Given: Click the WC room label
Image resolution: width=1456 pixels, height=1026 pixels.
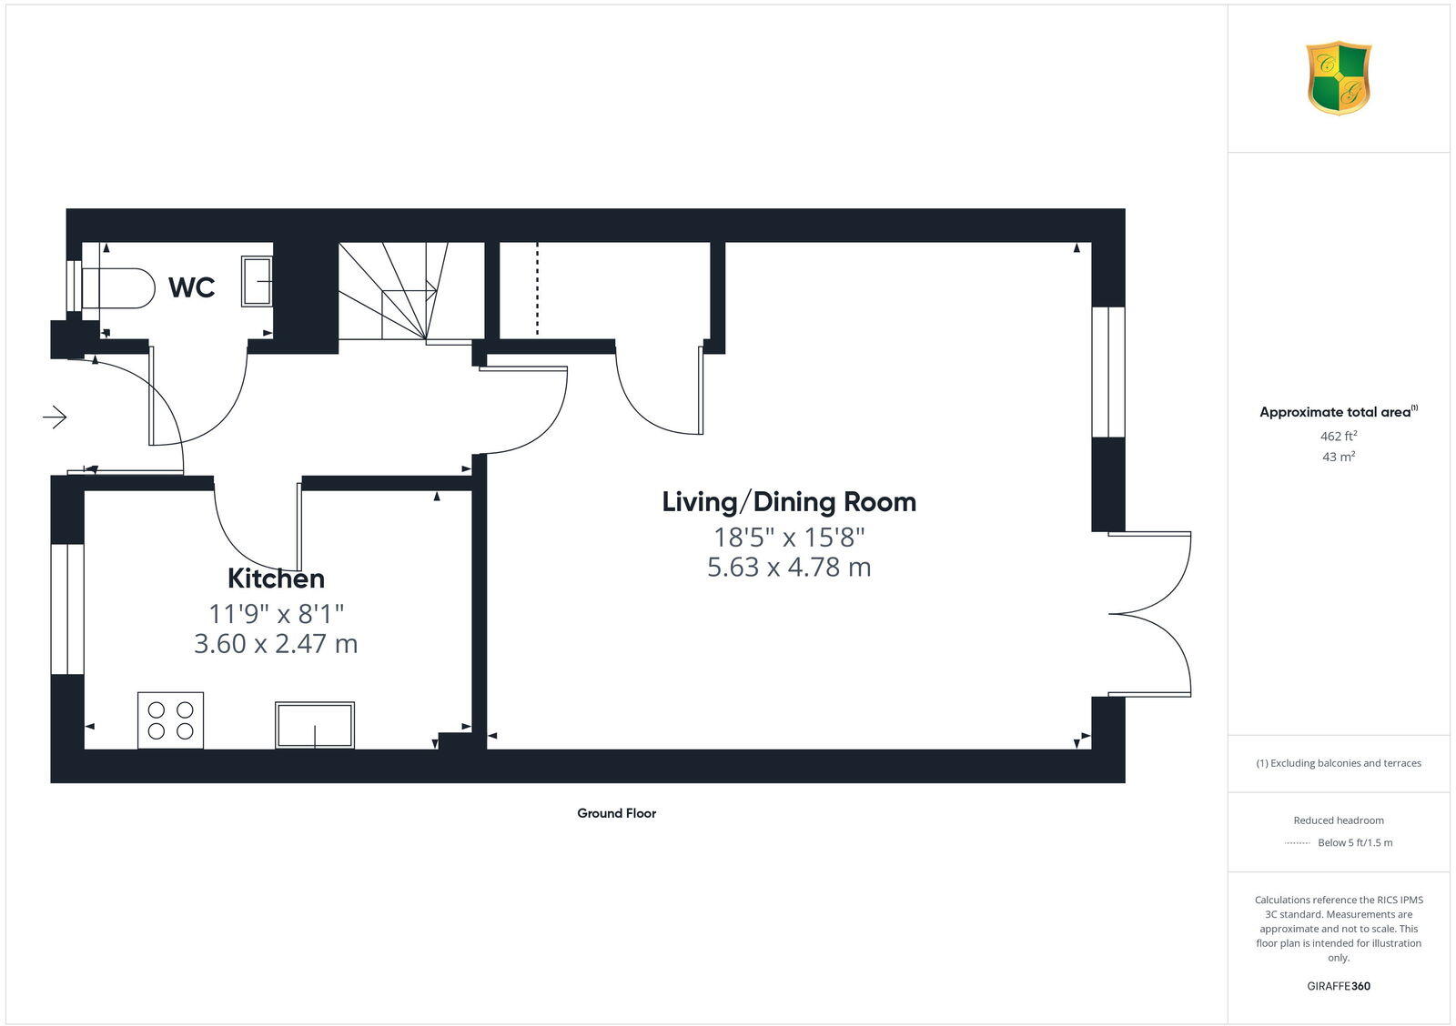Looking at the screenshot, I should tap(192, 287).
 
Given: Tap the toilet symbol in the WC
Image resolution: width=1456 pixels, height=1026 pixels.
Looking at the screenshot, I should tap(117, 287).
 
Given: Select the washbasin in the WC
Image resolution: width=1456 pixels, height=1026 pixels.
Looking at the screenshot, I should tap(257, 280).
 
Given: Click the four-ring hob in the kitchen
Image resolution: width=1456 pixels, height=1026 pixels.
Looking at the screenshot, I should tap(171, 720).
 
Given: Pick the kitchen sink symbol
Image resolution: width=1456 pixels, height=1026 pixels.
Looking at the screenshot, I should tap(315, 725).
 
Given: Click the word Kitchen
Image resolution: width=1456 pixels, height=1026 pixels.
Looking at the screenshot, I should tap(276, 578).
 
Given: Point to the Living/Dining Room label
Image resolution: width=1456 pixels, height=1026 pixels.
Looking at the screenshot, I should tap(789, 502).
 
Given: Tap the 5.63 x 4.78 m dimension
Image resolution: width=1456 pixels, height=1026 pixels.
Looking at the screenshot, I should tap(789, 568).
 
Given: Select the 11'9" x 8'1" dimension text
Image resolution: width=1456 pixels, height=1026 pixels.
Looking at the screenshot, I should tap(276, 613).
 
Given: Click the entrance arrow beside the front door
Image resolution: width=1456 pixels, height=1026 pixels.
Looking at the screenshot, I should tap(55, 417).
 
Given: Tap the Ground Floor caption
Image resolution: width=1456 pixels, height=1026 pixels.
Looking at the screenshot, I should tap(616, 813).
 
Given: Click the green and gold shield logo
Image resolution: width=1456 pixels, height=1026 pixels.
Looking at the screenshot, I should tap(1339, 78).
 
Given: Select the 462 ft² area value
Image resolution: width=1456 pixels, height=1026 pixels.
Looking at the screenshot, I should tap(1339, 437).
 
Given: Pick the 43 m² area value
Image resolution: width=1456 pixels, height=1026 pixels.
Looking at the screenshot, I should tap(1339, 457).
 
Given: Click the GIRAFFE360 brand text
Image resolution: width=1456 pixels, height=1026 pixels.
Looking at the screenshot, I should tap(1339, 986).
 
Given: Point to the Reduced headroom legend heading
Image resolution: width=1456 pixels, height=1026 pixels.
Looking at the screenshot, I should tap(1339, 820).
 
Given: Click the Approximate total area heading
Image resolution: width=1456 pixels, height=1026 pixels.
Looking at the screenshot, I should tap(1336, 412).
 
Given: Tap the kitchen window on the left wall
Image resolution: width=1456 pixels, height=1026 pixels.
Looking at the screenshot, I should tap(67, 609).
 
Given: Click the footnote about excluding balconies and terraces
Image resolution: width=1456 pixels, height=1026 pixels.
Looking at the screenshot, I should tap(1339, 763).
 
